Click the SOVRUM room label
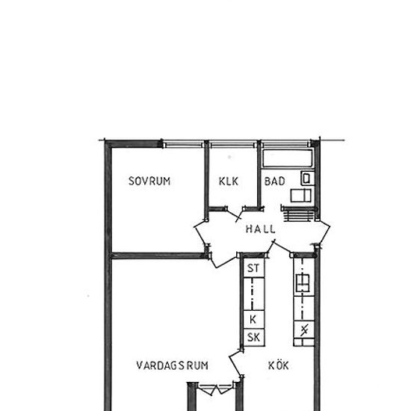point(149,181)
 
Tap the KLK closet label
point(229,182)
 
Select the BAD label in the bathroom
point(274,182)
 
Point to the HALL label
point(261,229)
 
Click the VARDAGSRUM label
point(173,365)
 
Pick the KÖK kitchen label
point(279,365)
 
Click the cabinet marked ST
point(253,268)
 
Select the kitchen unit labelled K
point(253,320)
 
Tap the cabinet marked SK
point(253,337)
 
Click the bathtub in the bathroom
point(288,158)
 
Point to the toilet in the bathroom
point(307,179)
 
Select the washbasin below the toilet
point(301,196)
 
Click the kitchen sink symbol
point(303,282)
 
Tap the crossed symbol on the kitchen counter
point(304,330)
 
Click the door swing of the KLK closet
point(235,214)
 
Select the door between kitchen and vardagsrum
point(235,365)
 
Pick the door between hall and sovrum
point(200,232)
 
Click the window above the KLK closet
point(233,144)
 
